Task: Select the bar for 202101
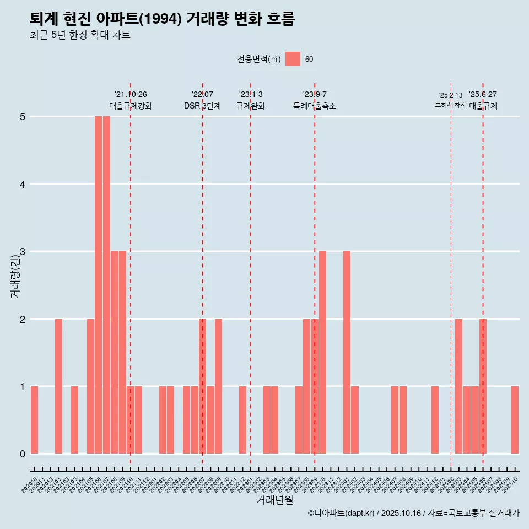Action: coord(58,386)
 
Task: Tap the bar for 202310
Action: coord(322,352)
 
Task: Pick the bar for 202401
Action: coord(347,352)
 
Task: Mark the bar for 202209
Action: coord(218,386)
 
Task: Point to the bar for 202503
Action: coord(458,386)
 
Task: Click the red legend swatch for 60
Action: coord(293,59)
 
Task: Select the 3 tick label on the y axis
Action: coord(23,252)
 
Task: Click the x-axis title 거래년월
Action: coord(274,499)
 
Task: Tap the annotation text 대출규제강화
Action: coord(131,106)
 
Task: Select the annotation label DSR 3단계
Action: coord(202,106)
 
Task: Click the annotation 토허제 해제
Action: coord(450,105)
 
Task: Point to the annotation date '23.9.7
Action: coord(315,95)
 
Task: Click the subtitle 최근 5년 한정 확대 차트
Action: coord(80,35)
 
